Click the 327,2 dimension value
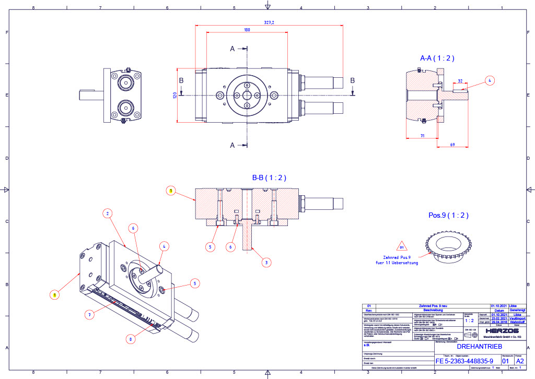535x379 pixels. [270, 22]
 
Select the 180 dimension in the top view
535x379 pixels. [247, 30]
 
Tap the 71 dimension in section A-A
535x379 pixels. [421, 136]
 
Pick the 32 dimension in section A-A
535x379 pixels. [460, 81]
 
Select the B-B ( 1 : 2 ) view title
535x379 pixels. [269, 177]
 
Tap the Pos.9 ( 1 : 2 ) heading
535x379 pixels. [448, 215]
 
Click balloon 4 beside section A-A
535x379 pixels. [489, 80]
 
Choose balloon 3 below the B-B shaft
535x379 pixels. [267, 262]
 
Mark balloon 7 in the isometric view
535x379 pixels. [90, 314]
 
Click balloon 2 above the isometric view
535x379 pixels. [107, 213]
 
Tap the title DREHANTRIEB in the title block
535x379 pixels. [479, 346]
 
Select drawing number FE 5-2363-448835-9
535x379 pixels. [464, 361]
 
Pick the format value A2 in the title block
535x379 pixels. [520, 361]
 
